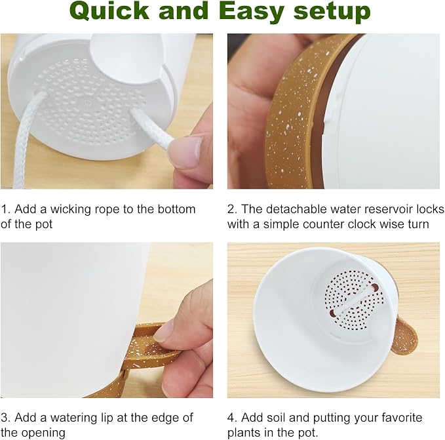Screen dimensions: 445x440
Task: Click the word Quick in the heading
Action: [109, 11]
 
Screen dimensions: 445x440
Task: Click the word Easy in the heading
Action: [252, 11]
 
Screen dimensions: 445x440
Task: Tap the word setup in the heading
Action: [332, 11]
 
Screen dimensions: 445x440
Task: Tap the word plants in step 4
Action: [244, 433]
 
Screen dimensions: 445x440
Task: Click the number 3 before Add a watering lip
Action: [4, 418]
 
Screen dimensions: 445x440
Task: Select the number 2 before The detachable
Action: [231, 209]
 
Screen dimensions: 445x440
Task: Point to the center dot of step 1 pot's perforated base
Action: [88, 103]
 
